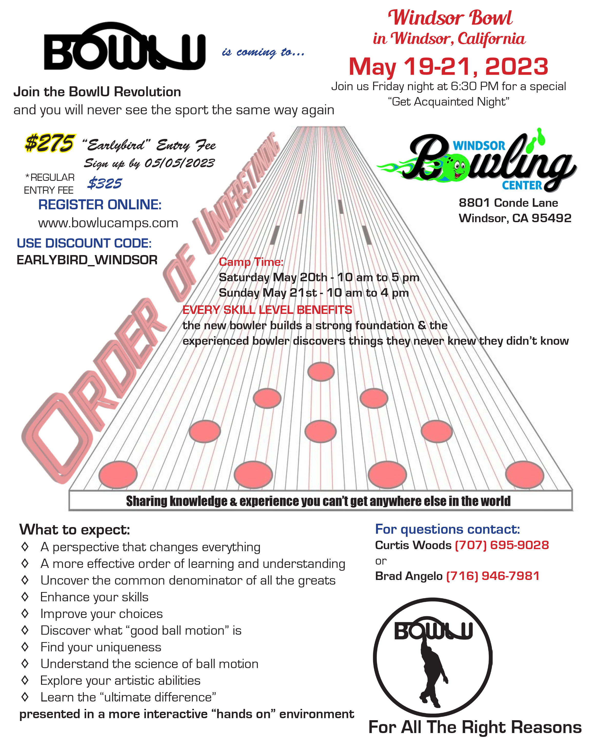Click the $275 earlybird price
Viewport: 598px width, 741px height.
(49, 143)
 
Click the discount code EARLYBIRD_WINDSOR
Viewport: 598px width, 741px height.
(87, 260)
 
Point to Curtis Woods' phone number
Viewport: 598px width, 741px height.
(502, 545)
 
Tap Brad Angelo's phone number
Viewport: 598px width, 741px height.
(493, 576)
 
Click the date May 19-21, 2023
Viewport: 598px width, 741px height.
(448, 66)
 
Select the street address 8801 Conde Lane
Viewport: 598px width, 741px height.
(508, 203)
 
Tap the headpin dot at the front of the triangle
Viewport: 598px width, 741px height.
(321, 372)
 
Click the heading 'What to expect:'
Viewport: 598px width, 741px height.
(75, 530)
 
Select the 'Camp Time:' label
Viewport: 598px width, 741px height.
(251, 262)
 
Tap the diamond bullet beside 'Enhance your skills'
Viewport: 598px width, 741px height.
(25, 597)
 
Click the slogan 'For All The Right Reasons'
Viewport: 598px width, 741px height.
(475, 727)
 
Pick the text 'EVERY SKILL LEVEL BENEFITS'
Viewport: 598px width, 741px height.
(267, 310)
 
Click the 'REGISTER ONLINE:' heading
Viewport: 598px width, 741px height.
(100, 204)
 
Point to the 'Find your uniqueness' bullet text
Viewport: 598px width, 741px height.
(101, 647)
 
